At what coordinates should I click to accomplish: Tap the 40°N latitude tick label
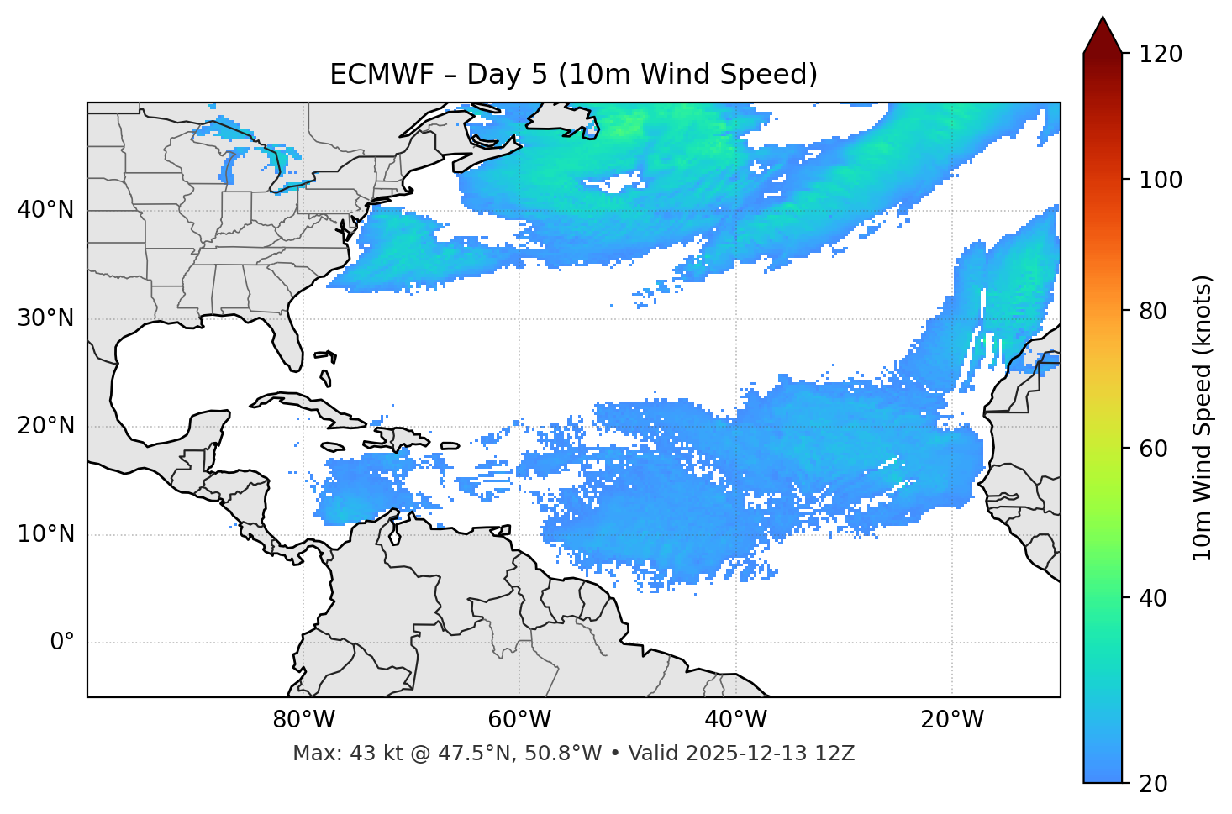pyautogui.click(x=45, y=209)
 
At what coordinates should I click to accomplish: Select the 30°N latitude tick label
pyautogui.click(x=45, y=318)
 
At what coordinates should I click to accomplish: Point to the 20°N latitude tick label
pyautogui.click(x=45, y=426)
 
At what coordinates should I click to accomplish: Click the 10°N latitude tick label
pyautogui.click(x=45, y=534)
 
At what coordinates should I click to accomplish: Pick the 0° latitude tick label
pyautogui.click(x=62, y=642)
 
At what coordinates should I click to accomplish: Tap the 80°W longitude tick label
pyautogui.click(x=303, y=720)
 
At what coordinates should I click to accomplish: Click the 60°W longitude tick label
pyautogui.click(x=519, y=720)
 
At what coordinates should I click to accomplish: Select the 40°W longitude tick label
pyautogui.click(x=735, y=720)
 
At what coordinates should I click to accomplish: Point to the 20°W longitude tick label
pyautogui.click(x=951, y=720)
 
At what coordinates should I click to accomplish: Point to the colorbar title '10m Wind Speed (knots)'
pyautogui.click(x=1203, y=418)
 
